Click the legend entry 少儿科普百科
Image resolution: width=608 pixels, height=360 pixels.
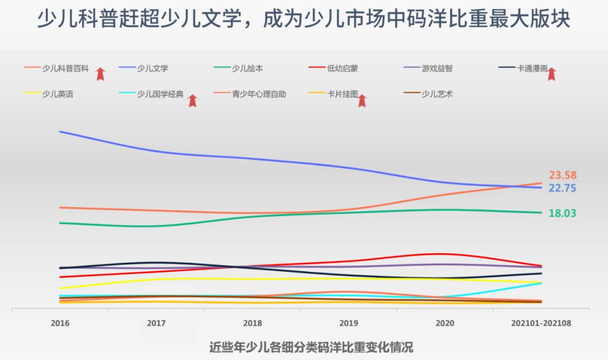click(65, 69)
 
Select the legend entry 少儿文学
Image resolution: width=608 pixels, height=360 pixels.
click(153, 69)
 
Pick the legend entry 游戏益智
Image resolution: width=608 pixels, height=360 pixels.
click(437, 69)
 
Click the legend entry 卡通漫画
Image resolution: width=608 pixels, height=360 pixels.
click(532, 69)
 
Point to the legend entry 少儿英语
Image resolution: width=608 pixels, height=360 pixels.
click(57, 94)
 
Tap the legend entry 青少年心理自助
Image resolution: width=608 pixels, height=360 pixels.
click(259, 94)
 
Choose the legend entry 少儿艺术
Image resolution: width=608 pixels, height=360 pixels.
click(437, 94)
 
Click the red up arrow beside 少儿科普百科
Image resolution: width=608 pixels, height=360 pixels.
click(100, 74)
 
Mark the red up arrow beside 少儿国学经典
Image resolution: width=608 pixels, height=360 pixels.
click(193, 101)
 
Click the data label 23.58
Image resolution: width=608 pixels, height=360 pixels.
click(562, 175)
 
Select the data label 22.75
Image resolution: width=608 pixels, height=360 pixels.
click(562, 188)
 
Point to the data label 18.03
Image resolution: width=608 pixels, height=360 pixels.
click(562, 213)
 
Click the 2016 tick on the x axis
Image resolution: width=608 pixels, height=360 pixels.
click(60, 323)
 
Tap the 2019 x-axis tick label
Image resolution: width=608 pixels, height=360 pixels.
click(348, 323)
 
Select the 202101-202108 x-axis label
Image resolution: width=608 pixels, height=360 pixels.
click(541, 323)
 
